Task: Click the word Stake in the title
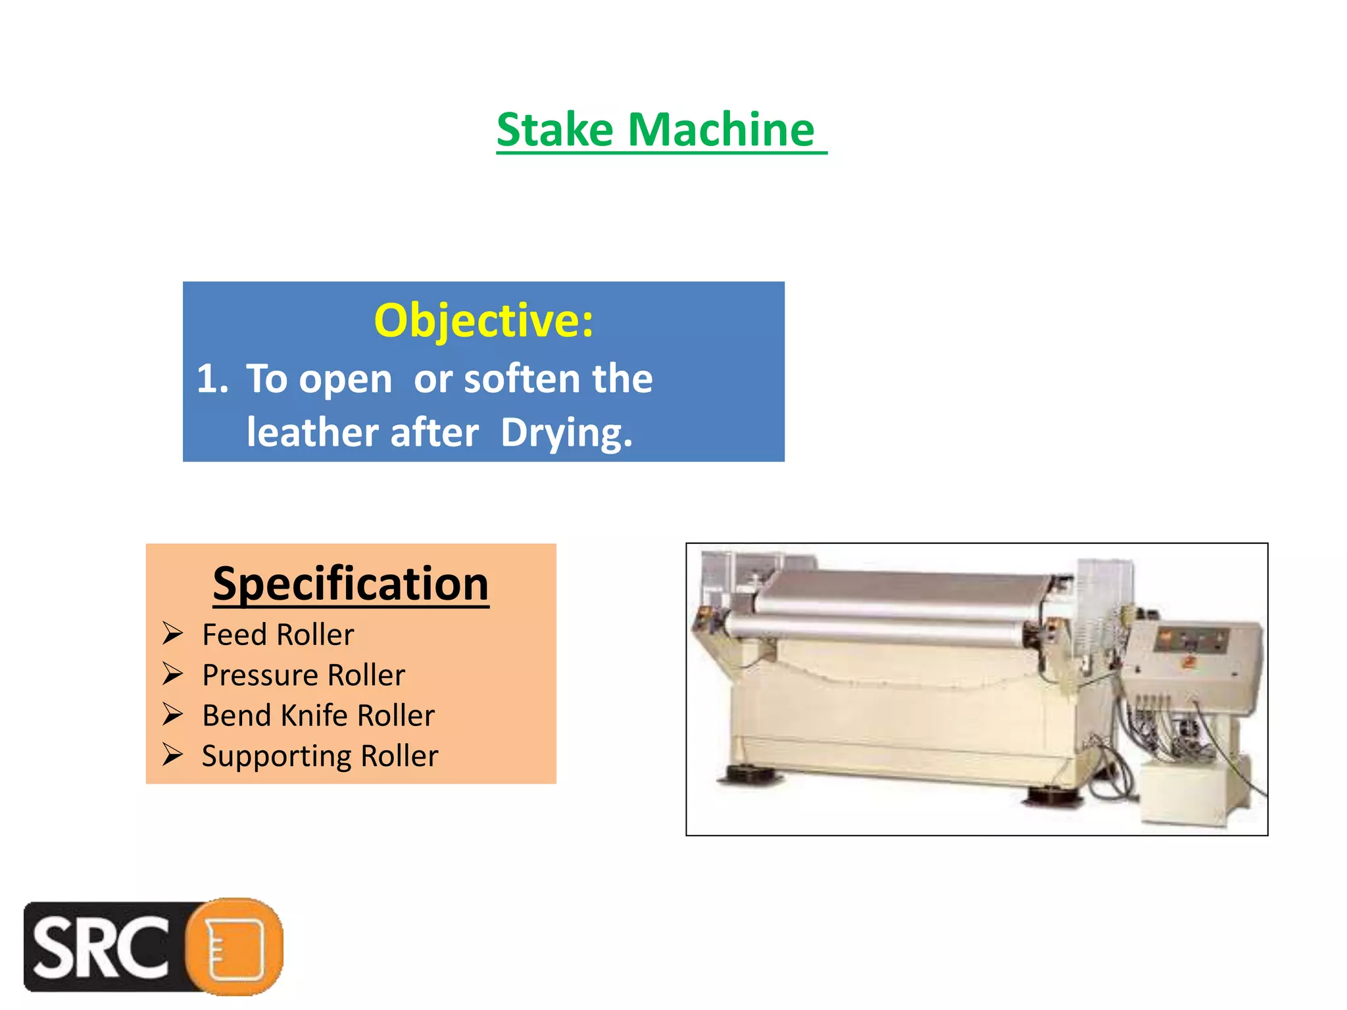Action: pyautogui.click(x=554, y=130)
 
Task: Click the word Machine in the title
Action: pyautogui.click(x=721, y=130)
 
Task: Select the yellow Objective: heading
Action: pyautogui.click(x=483, y=321)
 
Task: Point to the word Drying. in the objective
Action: pyautogui.click(x=566, y=433)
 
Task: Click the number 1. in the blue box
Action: pyautogui.click(x=212, y=379)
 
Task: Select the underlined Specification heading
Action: pyautogui.click(x=351, y=584)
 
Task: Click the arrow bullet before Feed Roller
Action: pyautogui.click(x=173, y=633)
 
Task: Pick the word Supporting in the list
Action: pyautogui.click(x=276, y=756)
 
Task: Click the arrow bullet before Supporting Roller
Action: pyautogui.click(x=173, y=754)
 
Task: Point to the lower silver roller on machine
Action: pyautogui.click(x=875, y=629)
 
